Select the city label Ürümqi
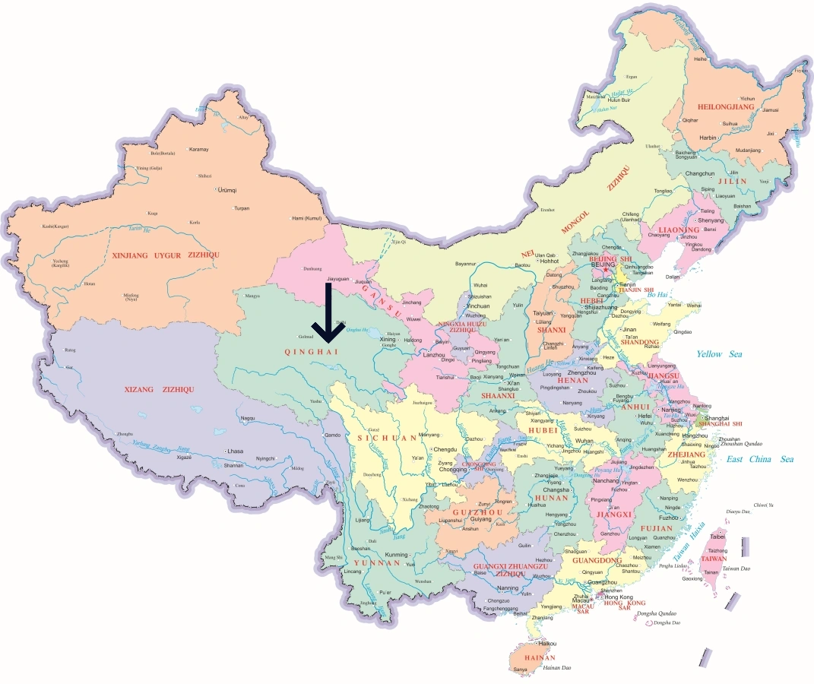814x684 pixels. pyautogui.click(x=227, y=189)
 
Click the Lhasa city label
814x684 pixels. pyautogui.click(x=235, y=451)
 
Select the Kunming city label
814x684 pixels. pyautogui.click(x=397, y=555)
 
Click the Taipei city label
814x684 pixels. pyautogui.click(x=717, y=537)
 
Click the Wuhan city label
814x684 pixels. pyautogui.click(x=584, y=441)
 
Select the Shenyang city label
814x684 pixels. pyautogui.click(x=711, y=220)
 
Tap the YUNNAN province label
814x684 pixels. pyautogui.click(x=376, y=563)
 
